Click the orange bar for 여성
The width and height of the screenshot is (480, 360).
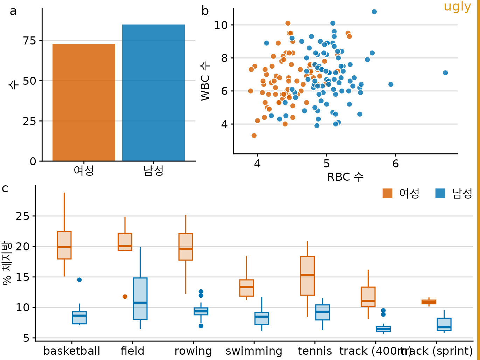(x=84, y=102)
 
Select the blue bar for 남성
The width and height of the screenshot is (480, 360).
(x=153, y=93)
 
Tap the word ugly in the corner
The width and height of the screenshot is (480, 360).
(x=457, y=7)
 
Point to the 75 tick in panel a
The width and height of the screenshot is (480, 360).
(x=29, y=41)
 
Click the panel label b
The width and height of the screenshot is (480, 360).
(x=205, y=11)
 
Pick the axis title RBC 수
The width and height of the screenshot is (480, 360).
(x=345, y=177)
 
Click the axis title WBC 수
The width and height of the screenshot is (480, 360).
(x=206, y=81)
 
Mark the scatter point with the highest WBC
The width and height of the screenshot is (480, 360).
(x=374, y=12)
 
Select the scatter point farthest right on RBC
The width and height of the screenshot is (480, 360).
(x=445, y=73)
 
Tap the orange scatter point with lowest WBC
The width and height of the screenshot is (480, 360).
(x=254, y=136)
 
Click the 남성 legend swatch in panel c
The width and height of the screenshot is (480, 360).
(x=440, y=193)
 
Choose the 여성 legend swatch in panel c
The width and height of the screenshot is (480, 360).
(x=387, y=193)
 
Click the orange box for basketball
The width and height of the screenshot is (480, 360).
(x=64, y=245)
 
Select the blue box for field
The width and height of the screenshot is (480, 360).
(x=140, y=298)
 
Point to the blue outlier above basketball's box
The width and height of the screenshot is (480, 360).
(x=79, y=280)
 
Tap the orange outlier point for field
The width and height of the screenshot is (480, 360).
(x=125, y=297)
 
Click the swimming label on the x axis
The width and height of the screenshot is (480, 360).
(x=254, y=351)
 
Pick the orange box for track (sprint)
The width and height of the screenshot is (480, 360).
(x=429, y=302)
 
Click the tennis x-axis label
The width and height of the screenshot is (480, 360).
(x=315, y=351)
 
